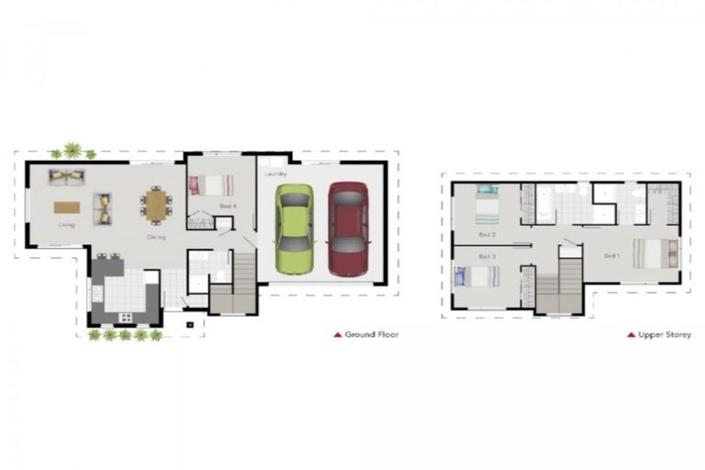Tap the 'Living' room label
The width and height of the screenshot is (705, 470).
(66, 224)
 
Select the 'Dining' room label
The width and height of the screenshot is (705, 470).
(156, 237)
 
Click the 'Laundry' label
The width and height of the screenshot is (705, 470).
(276, 173)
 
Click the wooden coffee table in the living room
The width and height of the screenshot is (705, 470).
(67, 207)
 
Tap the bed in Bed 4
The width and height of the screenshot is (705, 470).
(206, 185)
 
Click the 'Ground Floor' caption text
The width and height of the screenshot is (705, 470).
(372, 335)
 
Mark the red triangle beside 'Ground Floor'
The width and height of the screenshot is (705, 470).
(337, 335)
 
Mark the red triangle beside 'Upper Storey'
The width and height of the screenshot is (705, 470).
(631, 335)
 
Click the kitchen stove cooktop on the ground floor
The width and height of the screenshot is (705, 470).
(125, 318)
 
